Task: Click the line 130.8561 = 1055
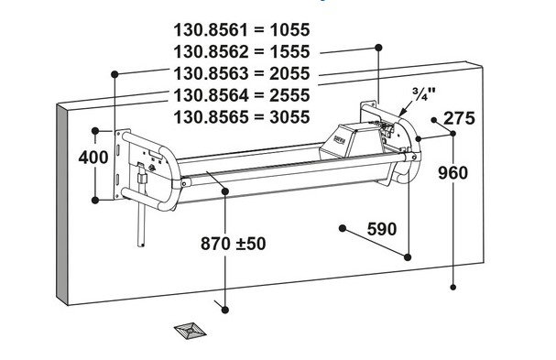(242, 30)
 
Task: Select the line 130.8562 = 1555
(242, 52)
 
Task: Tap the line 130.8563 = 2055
(242, 74)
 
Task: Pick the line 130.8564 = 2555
(242, 95)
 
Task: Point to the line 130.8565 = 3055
(242, 117)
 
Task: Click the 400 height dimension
(93, 158)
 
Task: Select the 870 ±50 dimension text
(233, 244)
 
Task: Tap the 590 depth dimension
(382, 229)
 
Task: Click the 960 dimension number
(452, 173)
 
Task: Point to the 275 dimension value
(459, 118)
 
